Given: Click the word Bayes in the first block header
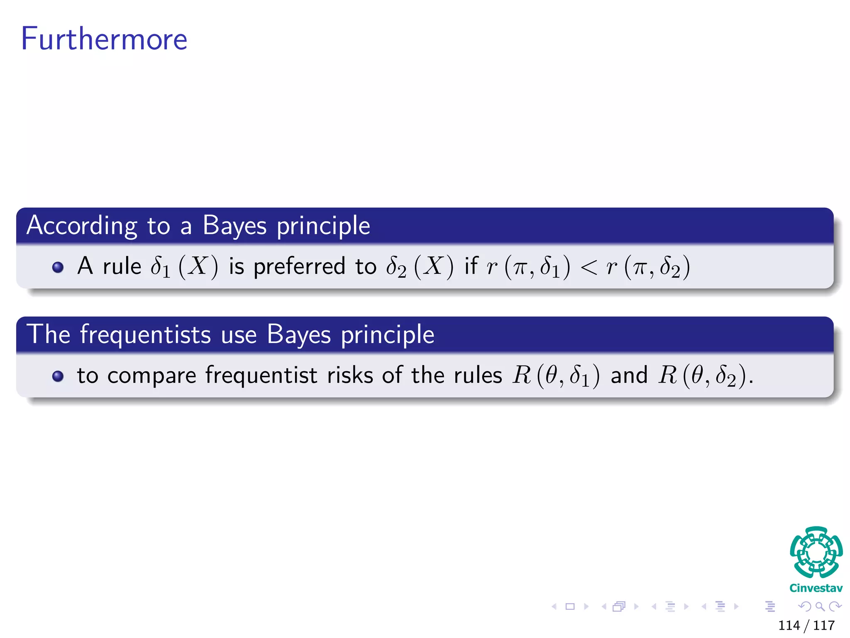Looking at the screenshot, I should coord(234,226).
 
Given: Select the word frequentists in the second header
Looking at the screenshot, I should coord(146,334).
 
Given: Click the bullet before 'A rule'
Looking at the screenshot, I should coord(58,267).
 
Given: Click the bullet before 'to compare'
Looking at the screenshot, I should coord(58,376).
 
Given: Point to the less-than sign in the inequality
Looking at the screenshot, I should coord(589,267).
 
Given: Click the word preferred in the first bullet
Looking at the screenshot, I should coord(299,267).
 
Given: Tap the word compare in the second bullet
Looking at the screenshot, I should coord(152,376).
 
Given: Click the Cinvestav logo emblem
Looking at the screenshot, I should coord(816,552).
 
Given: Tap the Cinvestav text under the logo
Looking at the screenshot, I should coord(816,588).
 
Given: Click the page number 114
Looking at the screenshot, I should coord(789,625).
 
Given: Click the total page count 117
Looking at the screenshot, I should coord(824,625).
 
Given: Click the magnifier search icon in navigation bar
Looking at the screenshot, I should coord(820,606).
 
